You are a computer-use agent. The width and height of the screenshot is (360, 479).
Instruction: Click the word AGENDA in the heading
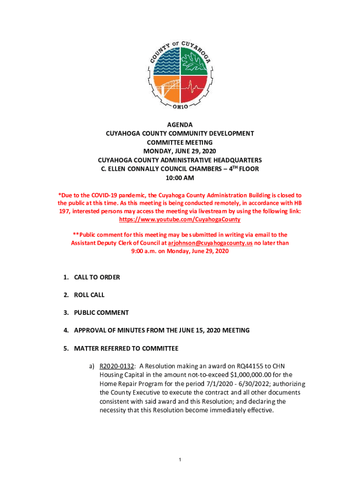tap(180, 124)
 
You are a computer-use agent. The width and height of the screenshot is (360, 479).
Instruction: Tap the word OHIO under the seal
tap(180, 108)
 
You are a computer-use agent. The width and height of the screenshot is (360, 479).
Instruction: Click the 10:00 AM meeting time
tap(180, 178)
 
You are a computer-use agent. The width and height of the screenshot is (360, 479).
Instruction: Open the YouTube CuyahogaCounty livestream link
tap(180, 219)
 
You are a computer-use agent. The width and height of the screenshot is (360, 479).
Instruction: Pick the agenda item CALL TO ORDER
tap(97, 277)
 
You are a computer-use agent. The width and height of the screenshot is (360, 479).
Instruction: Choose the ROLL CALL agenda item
tap(89, 295)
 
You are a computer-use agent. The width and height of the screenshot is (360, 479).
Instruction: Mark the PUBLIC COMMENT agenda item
tap(101, 312)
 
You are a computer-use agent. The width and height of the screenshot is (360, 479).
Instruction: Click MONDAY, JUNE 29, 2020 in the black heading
tap(180, 151)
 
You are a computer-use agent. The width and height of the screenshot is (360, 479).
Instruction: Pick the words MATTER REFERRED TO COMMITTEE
tap(126, 348)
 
